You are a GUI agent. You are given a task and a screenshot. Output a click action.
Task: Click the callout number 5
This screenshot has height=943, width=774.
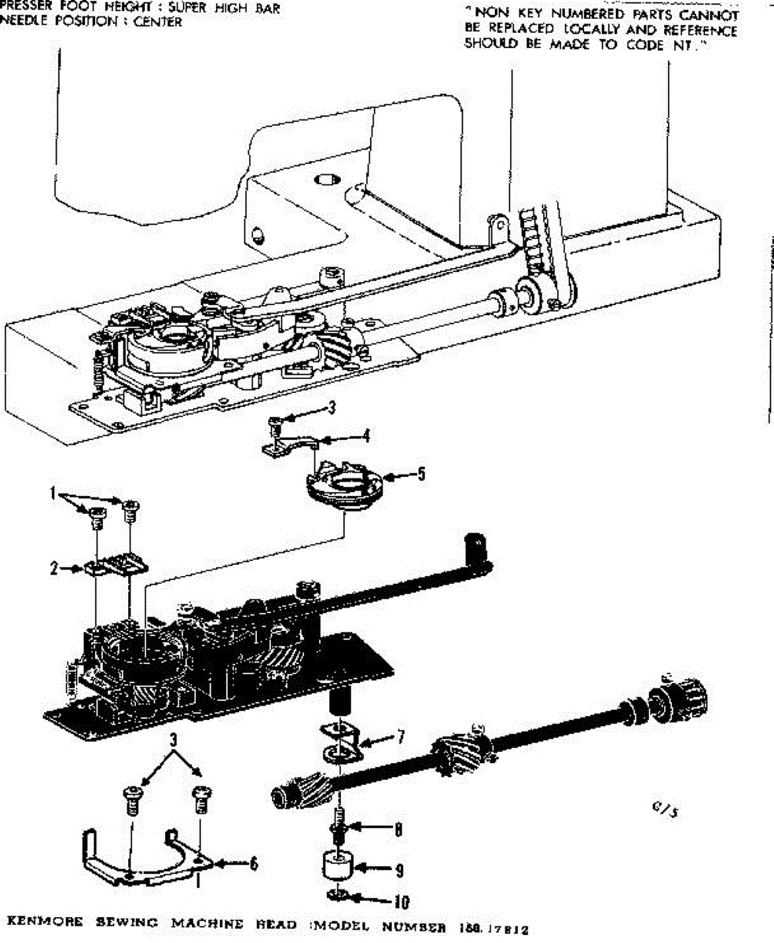click(421, 475)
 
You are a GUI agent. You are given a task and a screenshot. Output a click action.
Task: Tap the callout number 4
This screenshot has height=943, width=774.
click(366, 435)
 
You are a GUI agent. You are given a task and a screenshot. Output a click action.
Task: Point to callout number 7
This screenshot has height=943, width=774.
click(401, 737)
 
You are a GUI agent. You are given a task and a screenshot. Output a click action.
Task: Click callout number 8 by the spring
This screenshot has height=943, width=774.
click(399, 828)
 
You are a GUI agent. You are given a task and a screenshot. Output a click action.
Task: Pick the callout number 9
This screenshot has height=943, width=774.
click(400, 870)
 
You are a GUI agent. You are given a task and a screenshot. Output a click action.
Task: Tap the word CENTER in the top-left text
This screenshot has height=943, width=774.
click(157, 22)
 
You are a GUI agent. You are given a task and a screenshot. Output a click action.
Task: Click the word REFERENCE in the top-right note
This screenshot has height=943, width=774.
click(699, 31)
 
